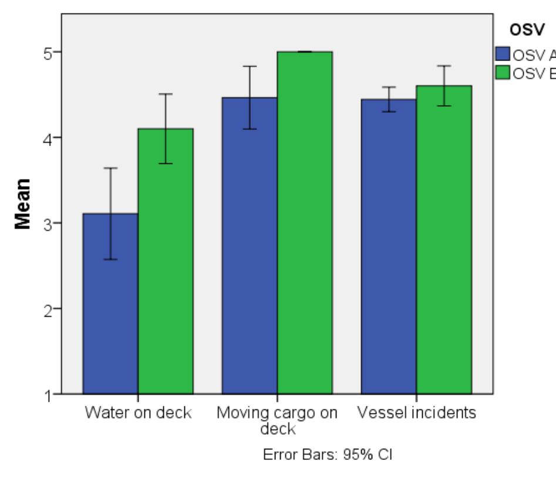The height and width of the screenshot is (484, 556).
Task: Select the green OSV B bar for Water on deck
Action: click(x=166, y=264)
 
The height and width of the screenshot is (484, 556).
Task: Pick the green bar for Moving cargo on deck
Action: click(x=305, y=223)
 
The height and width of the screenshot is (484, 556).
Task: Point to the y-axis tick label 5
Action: click(x=41, y=52)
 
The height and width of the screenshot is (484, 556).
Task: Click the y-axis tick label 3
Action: click(x=41, y=223)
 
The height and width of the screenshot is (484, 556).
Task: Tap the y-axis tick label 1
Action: click(x=41, y=394)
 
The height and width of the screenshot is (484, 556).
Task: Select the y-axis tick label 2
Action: click(x=41, y=309)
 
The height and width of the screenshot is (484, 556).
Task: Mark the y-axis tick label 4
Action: click(x=41, y=138)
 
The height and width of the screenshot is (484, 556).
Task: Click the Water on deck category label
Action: click(x=138, y=412)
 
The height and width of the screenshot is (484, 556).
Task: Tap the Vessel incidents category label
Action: click(x=416, y=412)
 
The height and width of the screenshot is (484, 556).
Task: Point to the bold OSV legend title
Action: click(x=523, y=30)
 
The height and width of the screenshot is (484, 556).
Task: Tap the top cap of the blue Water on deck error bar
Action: click(x=110, y=168)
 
